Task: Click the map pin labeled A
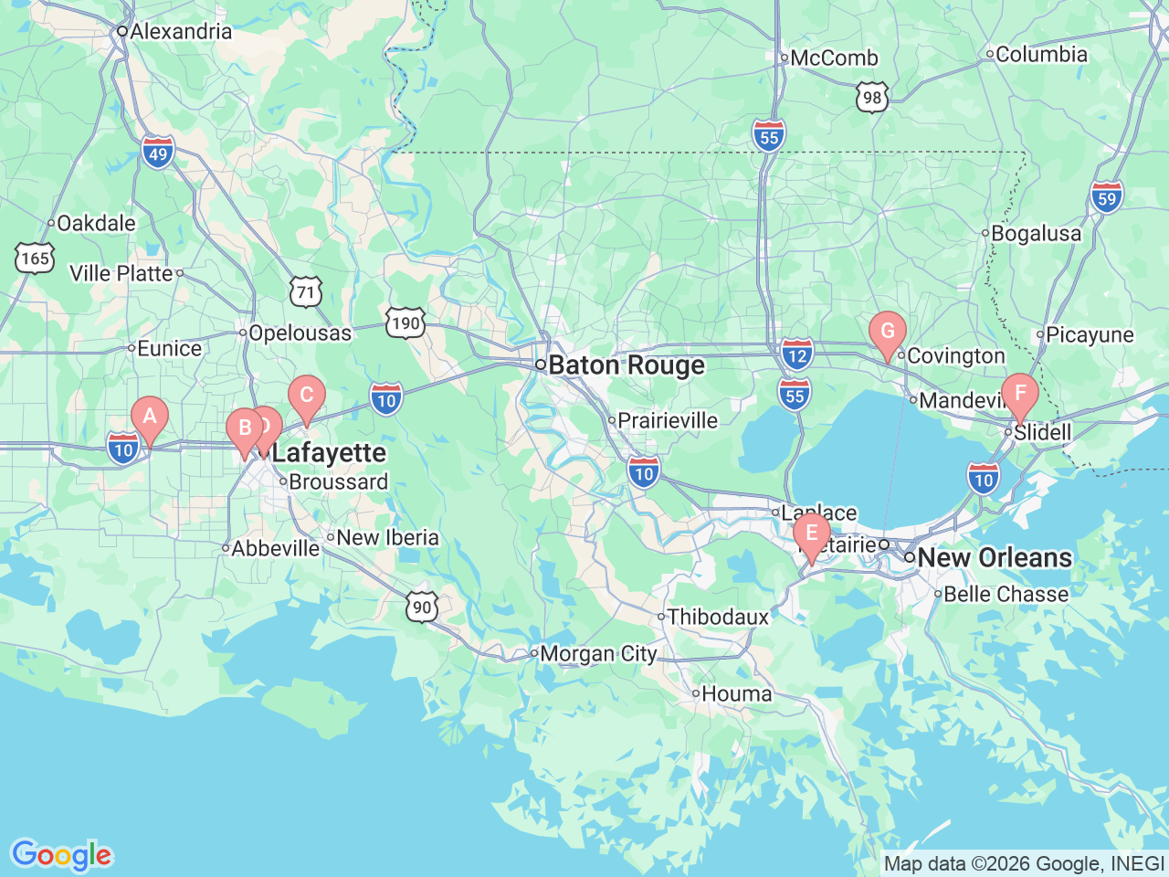click(x=150, y=418)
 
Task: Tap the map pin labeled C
click(x=307, y=396)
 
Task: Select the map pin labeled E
click(x=811, y=534)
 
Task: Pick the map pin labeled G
click(x=887, y=333)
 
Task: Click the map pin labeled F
click(x=1020, y=395)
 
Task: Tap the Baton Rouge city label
click(x=627, y=365)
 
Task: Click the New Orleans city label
click(x=994, y=557)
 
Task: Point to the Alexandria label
click(x=181, y=31)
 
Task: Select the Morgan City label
click(x=598, y=654)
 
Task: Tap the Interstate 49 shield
click(x=158, y=153)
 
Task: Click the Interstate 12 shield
click(x=797, y=354)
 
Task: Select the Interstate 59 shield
click(x=1106, y=197)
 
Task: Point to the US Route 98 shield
click(x=872, y=98)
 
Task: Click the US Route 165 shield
click(x=35, y=259)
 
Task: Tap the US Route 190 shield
click(x=405, y=322)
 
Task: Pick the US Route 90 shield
click(x=421, y=608)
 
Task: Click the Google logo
click(x=61, y=856)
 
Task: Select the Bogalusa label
click(x=1036, y=234)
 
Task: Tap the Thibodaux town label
click(x=718, y=618)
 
